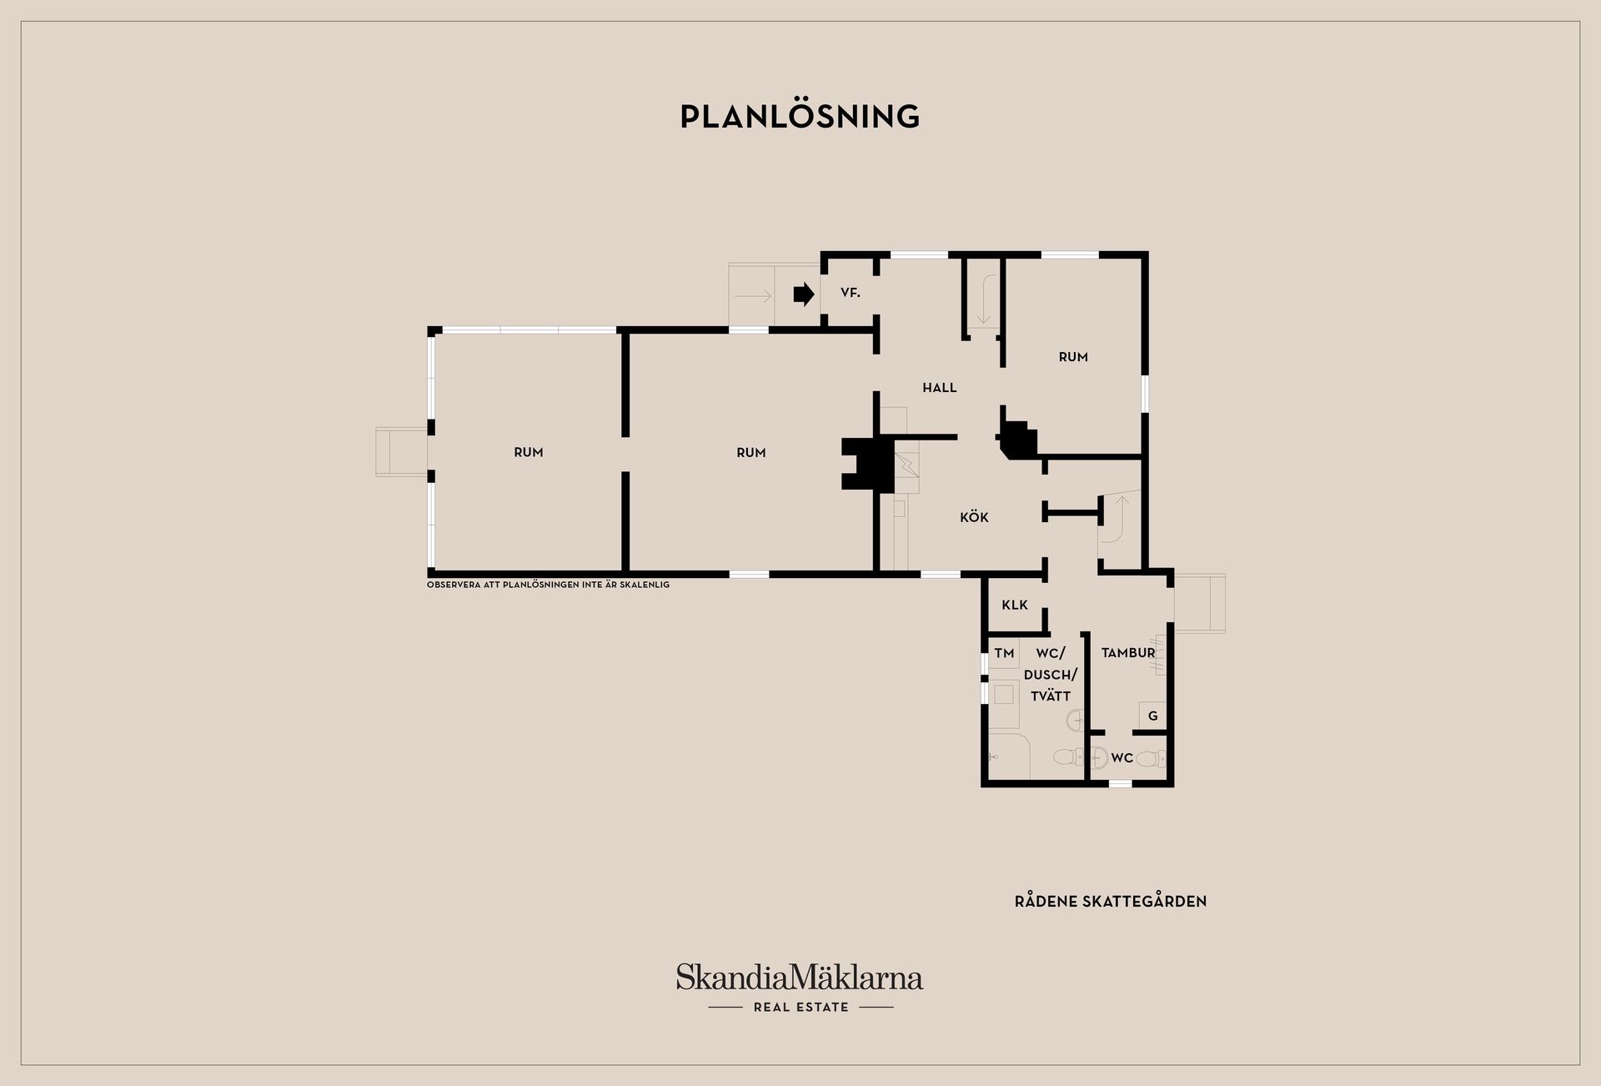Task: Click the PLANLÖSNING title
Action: click(x=800, y=116)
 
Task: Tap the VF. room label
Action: click(x=850, y=293)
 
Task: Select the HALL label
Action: click(x=939, y=387)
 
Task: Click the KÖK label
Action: click(x=974, y=517)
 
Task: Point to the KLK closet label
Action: click(x=1015, y=605)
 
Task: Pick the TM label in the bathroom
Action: click(x=1004, y=653)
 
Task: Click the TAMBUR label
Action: click(x=1128, y=653)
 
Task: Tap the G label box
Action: click(x=1152, y=716)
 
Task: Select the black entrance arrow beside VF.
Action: click(x=803, y=294)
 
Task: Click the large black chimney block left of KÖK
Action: click(x=868, y=464)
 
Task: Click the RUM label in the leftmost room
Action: click(x=528, y=452)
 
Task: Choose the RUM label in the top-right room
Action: click(x=1073, y=357)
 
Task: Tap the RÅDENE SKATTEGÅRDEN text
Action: click(x=1111, y=901)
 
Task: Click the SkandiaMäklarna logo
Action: click(x=800, y=977)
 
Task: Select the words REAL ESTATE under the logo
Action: click(x=800, y=1007)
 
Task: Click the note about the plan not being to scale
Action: click(x=548, y=585)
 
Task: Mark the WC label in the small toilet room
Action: click(x=1122, y=758)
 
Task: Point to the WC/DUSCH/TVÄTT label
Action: click(x=1051, y=674)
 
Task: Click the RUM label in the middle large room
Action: click(x=750, y=452)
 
